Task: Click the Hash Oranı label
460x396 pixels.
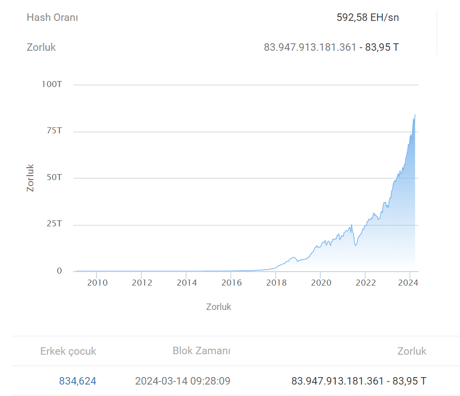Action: click(x=52, y=17)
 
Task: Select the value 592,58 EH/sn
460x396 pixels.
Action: click(x=368, y=17)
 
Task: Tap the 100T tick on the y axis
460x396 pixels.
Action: click(x=52, y=85)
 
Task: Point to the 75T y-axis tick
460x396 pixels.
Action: click(x=54, y=131)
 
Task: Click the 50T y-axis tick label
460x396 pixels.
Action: click(x=54, y=178)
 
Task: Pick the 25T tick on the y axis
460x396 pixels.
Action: click(x=54, y=224)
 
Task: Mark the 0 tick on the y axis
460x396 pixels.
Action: click(x=59, y=271)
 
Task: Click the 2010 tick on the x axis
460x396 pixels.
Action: click(x=97, y=283)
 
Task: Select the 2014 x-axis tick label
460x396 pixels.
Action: click(x=187, y=283)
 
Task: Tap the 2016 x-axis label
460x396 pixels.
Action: click(x=232, y=283)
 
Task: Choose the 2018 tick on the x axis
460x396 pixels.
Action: click(x=276, y=283)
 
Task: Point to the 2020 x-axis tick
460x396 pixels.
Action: click(x=321, y=283)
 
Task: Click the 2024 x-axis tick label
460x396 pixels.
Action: click(x=410, y=283)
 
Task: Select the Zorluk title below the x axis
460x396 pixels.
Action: click(x=219, y=306)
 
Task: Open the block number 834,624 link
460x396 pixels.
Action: click(x=78, y=381)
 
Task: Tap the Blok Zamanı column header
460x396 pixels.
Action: click(x=201, y=351)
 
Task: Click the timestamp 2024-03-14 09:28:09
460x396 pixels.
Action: click(x=183, y=381)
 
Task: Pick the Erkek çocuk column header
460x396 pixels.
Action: click(x=68, y=351)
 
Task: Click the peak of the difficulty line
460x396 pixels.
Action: click(x=415, y=115)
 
